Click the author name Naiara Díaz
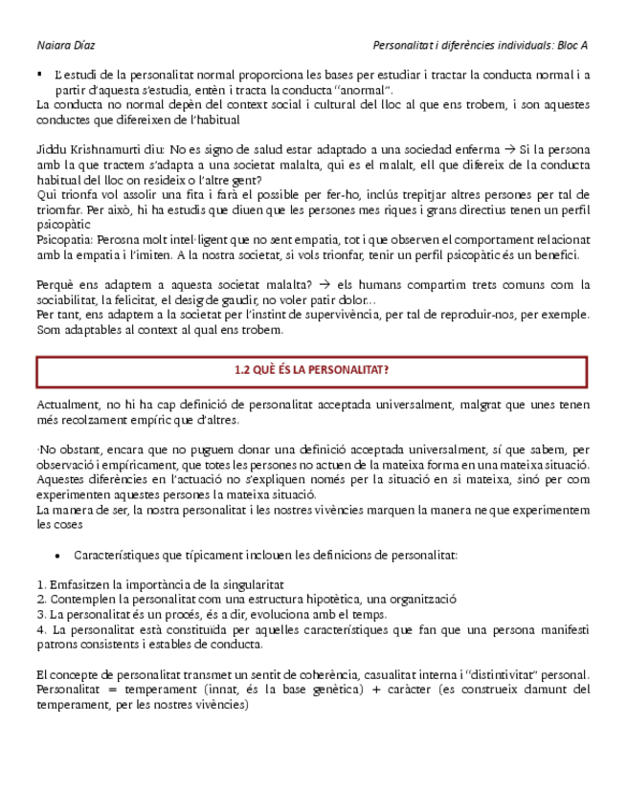tap(66, 45)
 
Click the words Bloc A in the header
tap(573, 45)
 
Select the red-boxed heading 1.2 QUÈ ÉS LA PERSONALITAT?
tap(311, 370)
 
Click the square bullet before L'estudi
tap(39, 74)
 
